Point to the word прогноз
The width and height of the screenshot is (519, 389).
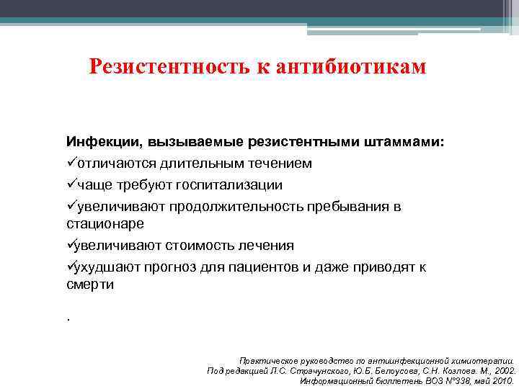[x=168, y=268]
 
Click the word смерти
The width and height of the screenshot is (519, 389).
[x=90, y=285]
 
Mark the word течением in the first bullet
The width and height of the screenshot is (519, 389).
[x=283, y=164]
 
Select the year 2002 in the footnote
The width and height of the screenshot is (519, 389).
[x=502, y=370]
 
